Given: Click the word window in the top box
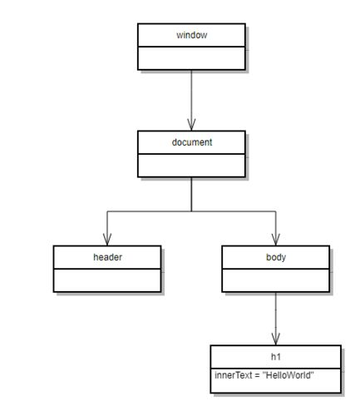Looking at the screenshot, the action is coord(192,35).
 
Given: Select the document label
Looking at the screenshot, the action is coord(192,142).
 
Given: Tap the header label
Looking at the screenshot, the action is coord(107,257).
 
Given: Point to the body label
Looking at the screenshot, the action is coord(276,257).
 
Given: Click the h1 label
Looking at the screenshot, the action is coord(276,357).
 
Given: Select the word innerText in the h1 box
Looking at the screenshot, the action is coord(234,375).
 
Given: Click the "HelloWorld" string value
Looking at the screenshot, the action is coord(288,375).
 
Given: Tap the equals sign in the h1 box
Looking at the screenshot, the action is coord(257,375).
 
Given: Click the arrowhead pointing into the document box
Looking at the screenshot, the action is coord(191,125).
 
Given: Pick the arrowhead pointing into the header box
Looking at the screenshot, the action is coord(107,240).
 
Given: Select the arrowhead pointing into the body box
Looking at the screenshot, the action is coord(276,240).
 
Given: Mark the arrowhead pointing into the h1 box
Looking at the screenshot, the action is coord(276,339).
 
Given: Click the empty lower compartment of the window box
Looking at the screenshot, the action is coord(191,58).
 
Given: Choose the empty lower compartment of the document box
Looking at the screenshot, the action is coord(191,166).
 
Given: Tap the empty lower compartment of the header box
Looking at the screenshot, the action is coord(107,280).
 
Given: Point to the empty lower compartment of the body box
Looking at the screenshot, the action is coord(276,280).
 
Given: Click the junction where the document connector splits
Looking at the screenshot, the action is coord(191,211).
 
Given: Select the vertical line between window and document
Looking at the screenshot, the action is coord(191,100).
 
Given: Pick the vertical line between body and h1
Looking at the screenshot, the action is coord(276,319).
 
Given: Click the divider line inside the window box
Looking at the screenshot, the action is coord(191,47).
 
